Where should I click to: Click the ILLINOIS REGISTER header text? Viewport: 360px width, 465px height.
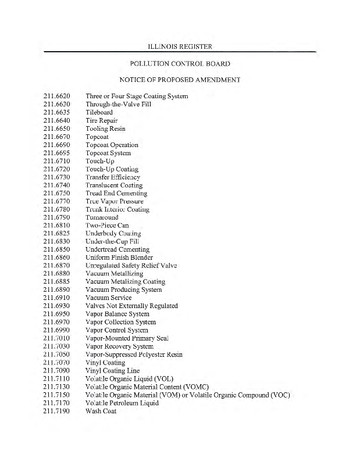(x=179, y=45)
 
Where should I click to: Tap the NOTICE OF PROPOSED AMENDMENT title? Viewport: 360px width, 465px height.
(x=179, y=80)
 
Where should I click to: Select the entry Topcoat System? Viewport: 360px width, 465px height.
(x=108, y=153)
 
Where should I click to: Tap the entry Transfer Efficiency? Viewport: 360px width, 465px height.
(x=113, y=177)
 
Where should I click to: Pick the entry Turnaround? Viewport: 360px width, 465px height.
(x=102, y=217)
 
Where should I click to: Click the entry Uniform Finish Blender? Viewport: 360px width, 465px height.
(x=119, y=257)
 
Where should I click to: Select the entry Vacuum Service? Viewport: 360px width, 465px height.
(x=108, y=298)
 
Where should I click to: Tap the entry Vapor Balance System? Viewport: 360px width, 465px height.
(x=117, y=314)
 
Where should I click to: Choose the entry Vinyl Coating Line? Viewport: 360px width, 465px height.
(x=112, y=370)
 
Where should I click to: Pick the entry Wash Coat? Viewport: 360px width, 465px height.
(x=101, y=411)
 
